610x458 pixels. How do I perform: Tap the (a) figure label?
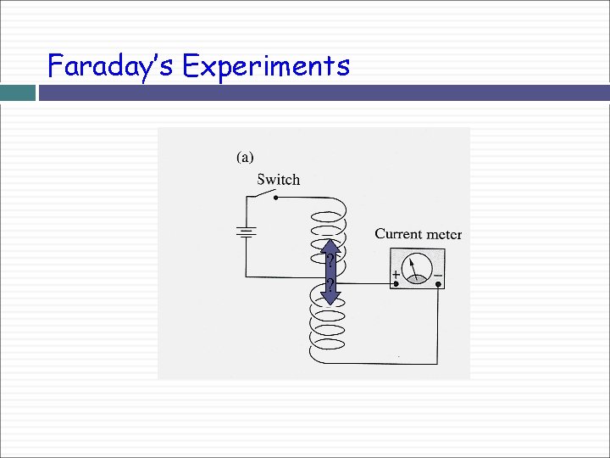(x=245, y=157)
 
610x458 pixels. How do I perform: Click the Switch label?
(x=278, y=180)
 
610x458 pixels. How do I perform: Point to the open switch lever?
(x=262, y=194)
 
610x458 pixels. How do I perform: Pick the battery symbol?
(x=247, y=232)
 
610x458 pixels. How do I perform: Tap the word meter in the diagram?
(x=444, y=234)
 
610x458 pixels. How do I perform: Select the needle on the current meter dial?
(x=413, y=269)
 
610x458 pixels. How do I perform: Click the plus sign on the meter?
(x=396, y=275)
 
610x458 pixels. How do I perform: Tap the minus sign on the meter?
(x=437, y=275)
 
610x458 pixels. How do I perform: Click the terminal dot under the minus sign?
(x=438, y=285)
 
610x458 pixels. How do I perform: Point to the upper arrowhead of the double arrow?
(x=330, y=248)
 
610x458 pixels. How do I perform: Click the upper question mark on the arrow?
(x=330, y=260)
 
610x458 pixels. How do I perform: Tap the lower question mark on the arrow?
(x=330, y=283)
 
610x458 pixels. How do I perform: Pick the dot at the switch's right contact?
(x=276, y=198)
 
